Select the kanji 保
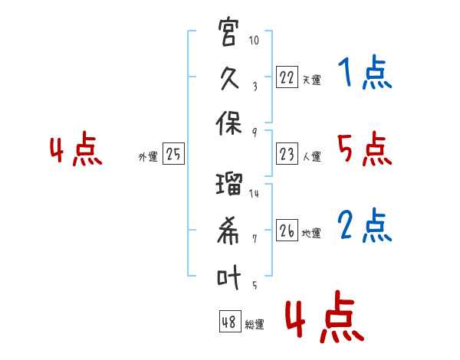[229, 127]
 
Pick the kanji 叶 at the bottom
[229, 277]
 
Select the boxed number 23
[287, 155]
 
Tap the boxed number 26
[287, 231]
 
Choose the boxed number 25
[173, 155]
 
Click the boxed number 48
[229, 322]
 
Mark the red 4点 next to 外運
[76, 150]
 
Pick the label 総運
[254, 325]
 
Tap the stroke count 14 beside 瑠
[255, 194]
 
